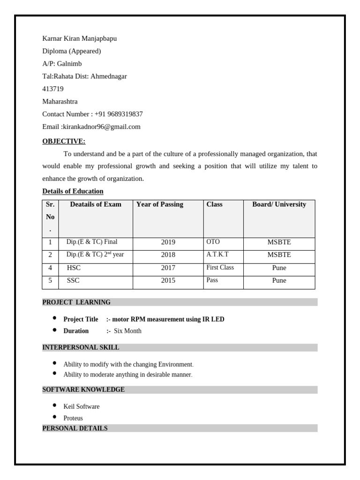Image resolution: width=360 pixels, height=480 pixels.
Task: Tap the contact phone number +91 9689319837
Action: [x=119, y=114]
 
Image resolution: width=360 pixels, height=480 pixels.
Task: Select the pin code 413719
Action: [x=53, y=89]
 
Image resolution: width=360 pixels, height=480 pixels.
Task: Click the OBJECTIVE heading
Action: [x=64, y=142]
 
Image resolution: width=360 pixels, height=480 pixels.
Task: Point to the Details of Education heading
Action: [x=73, y=191]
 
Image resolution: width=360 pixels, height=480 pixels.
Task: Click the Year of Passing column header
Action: [x=160, y=204]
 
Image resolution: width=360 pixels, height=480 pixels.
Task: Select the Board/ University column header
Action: [x=279, y=204]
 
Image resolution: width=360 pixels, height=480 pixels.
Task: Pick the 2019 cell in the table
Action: [x=168, y=242]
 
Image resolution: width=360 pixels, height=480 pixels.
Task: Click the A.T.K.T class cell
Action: [x=217, y=255]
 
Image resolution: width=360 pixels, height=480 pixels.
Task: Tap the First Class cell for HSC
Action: [x=220, y=268]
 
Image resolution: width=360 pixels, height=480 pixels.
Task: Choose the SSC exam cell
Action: [x=73, y=280]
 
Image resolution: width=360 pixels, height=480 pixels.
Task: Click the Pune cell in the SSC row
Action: [x=279, y=281]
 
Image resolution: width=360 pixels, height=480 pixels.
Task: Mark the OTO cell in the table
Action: [x=213, y=242]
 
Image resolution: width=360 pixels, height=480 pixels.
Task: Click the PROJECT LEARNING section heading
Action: [x=76, y=302]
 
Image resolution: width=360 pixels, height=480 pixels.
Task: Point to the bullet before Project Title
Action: [x=55, y=319]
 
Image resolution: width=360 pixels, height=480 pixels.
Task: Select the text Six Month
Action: [x=127, y=331]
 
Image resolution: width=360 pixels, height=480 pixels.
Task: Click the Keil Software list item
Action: [x=82, y=406]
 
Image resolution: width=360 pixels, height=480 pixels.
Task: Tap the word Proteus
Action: [x=73, y=418]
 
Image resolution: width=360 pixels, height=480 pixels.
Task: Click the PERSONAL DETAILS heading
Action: [x=75, y=428]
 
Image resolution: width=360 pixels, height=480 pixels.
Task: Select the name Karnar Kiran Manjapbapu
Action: [x=79, y=38]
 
